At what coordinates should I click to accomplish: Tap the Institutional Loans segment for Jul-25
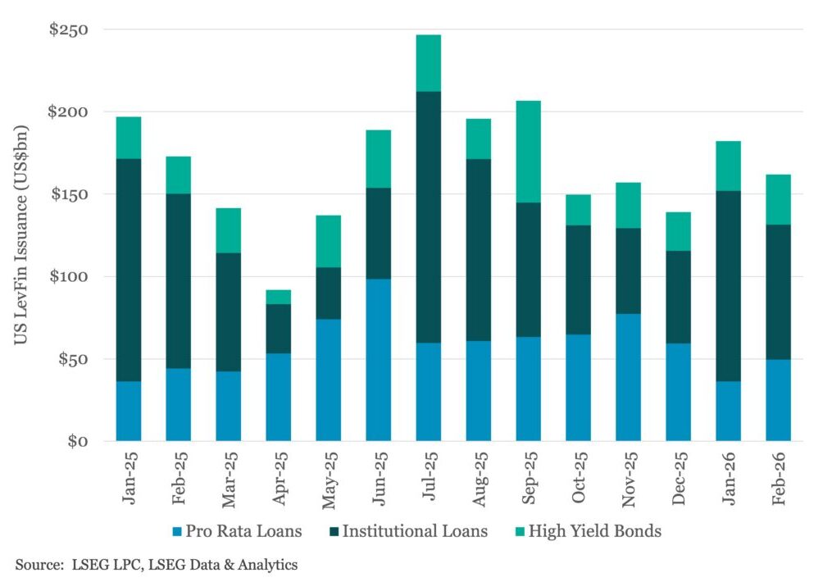click(428, 217)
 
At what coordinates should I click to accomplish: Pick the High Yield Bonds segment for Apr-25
click(278, 297)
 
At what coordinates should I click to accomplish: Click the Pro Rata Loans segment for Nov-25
click(628, 377)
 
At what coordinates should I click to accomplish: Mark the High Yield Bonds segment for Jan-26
click(728, 166)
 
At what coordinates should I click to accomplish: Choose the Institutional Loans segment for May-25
click(328, 293)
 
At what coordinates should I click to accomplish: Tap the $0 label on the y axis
click(79, 442)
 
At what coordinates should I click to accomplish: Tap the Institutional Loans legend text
click(415, 531)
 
